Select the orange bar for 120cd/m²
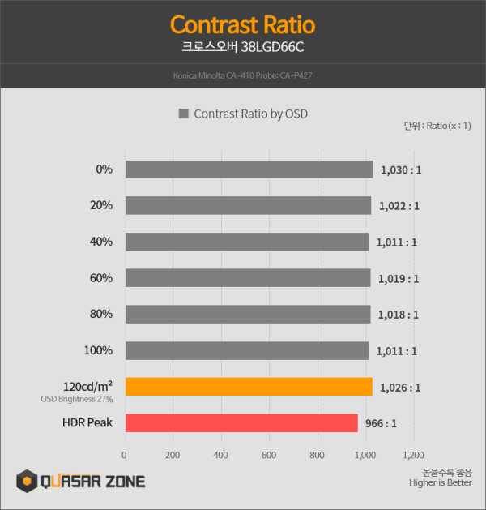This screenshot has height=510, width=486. tap(248, 387)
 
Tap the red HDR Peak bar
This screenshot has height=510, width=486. tap(241, 423)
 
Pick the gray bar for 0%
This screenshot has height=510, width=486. tap(248, 169)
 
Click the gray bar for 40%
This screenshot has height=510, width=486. tap(246, 242)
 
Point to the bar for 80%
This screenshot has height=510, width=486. tap(247, 314)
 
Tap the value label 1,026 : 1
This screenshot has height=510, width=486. tap(400, 388)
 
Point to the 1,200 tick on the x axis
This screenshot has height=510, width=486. tap(413, 455)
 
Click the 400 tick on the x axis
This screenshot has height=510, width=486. tap(220, 455)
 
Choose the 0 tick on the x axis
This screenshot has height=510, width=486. tap(124, 455)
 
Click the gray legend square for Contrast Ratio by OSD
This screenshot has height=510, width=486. tap(183, 114)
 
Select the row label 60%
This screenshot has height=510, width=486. tap(101, 278)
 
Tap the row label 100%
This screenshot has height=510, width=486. tap(99, 350)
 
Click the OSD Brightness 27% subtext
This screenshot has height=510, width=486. tap(77, 399)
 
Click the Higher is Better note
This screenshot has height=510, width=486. tap(441, 484)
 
